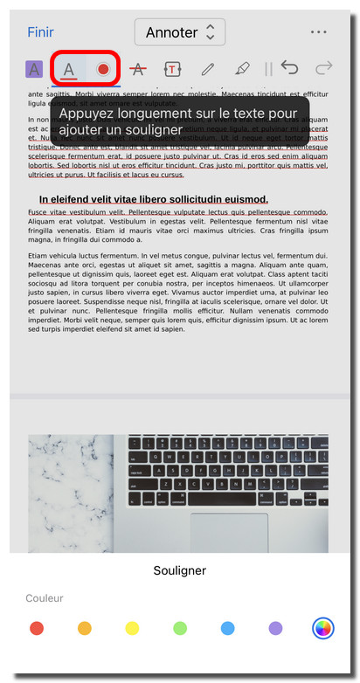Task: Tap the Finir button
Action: [40, 32]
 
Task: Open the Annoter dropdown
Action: [179, 32]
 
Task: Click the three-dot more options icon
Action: [318, 32]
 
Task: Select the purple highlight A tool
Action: [34, 68]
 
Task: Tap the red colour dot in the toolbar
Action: [103, 68]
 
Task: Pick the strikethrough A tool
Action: [137, 68]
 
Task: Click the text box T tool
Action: [172, 68]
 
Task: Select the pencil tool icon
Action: [207, 68]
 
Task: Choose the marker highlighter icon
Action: [242, 68]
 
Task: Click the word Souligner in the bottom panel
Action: [179, 571]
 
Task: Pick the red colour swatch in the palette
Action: [37, 627]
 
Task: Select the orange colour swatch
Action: [85, 627]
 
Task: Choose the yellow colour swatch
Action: [132, 627]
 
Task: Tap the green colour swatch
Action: [180, 627]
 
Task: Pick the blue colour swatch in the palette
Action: [228, 627]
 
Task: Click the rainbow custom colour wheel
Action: [323, 627]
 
